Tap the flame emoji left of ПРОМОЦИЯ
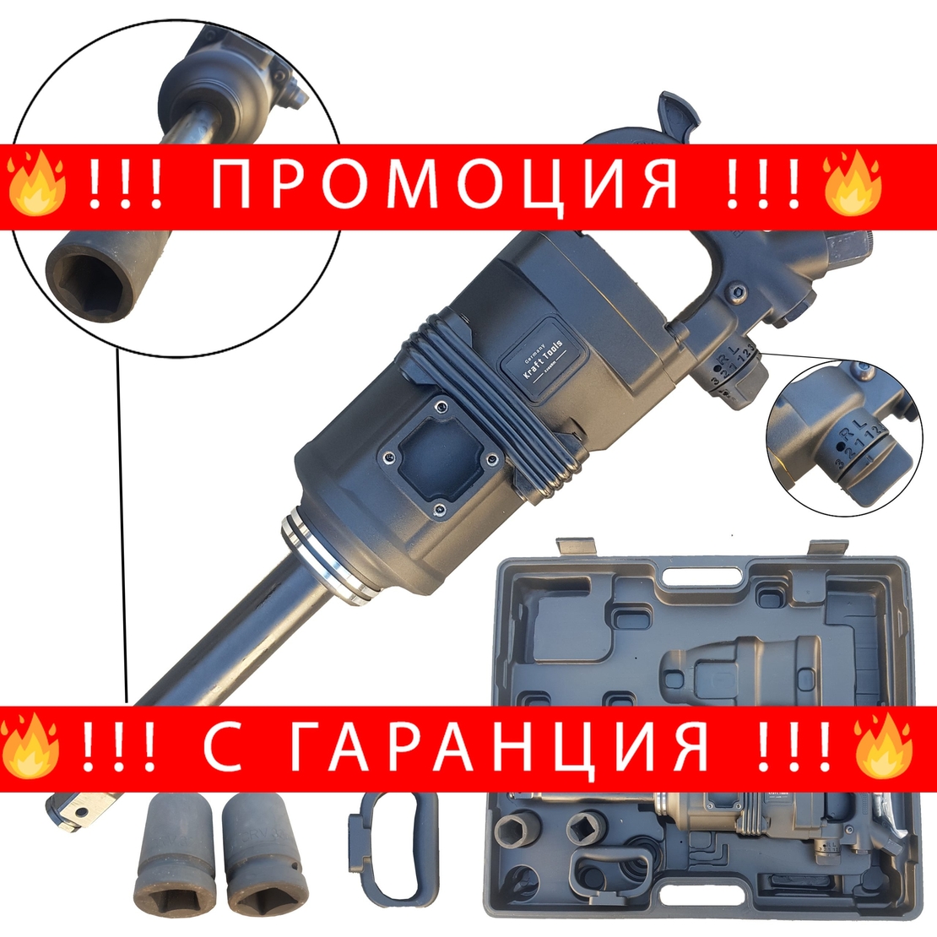click(x=35, y=182)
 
